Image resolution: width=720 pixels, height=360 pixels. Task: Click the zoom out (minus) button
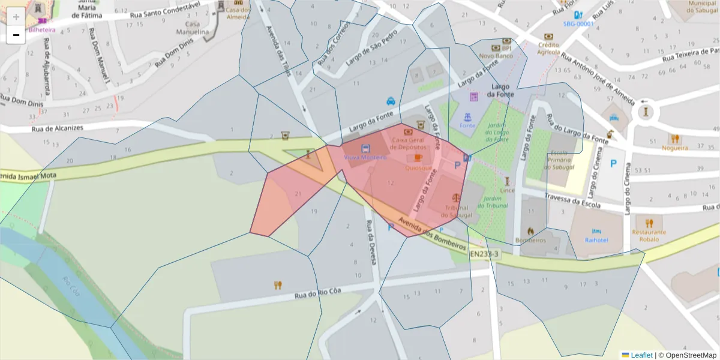pyautogui.click(x=16, y=35)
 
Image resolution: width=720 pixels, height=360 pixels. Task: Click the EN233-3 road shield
pyautogui.click(x=484, y=254)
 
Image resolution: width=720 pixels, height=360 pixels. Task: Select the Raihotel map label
pyautogui.click(x=596, y=240)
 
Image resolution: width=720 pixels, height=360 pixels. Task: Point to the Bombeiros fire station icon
pyautogui.click(x=530, y=230)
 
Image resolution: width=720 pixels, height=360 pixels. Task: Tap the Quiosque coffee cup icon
pyautogui.click(x=418, y=157)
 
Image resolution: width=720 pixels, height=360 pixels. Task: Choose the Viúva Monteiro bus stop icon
pyautogui.click(x=365, y=148)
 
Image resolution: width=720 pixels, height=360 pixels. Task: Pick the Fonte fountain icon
pyautogui.click(x=467, y=116)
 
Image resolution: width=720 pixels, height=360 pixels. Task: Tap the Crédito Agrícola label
pyautogui.click(x=548, y=48)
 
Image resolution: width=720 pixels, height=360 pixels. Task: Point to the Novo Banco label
pyautogui.click(x=494, y=56)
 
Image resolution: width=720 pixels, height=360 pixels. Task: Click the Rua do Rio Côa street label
pyautogui.click(x=317, y=293)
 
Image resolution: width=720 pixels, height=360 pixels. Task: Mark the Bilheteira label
pyautogui.click(x=41, y=29)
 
